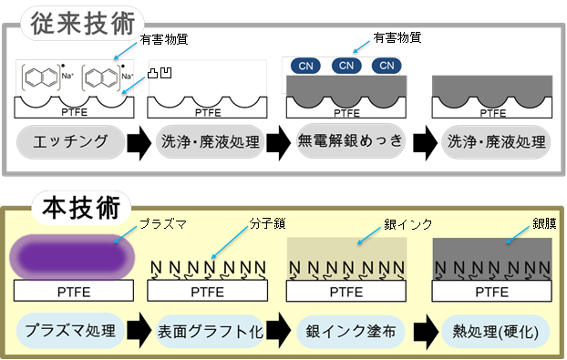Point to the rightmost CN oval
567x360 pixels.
coord(387,65)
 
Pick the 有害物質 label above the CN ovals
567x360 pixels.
coord(397,37)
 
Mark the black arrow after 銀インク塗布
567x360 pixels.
coord(423,330)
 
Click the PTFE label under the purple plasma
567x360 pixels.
coord(71,293)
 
